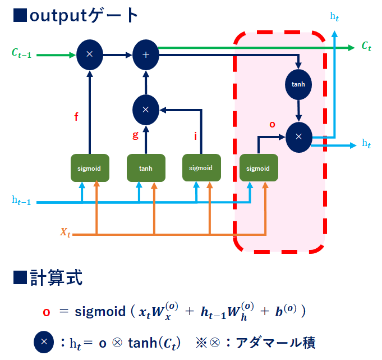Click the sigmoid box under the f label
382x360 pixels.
[89, 168]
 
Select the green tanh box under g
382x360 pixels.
[146, 168]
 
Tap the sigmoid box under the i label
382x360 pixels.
[201, 168]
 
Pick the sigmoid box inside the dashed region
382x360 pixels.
[258, 168]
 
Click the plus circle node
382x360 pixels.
[146, 54]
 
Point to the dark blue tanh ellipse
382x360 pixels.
[298, 84]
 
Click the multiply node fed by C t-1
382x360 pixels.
[89, 54]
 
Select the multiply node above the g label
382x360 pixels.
[146, 110]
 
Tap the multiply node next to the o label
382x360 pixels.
[298, 136]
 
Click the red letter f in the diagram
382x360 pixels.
[76, 117]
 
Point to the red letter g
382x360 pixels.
[135, 135]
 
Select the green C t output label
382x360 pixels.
[366, 47]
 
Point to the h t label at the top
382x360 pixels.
[334, 17]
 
